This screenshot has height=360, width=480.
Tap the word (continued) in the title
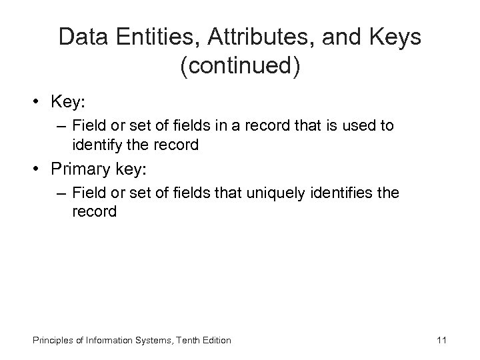240,67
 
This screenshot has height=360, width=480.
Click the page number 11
441,341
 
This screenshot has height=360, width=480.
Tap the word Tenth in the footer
180,341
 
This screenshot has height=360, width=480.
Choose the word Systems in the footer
150,341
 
